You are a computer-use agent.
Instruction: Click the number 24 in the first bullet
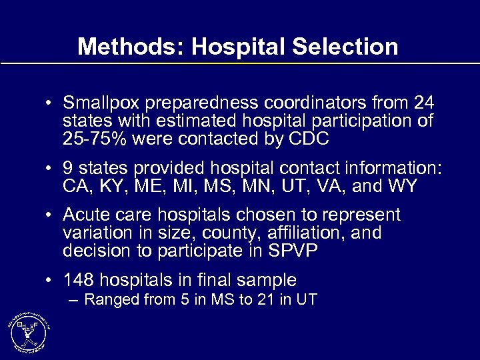[423, 105]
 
